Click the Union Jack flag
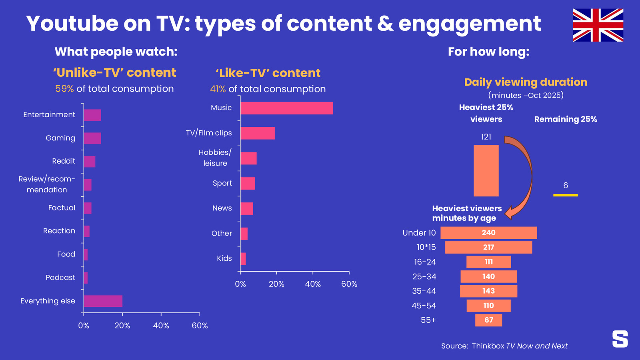pyautogui.click(x=598, y=25)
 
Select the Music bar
pyautogui.click(x=286, y=108)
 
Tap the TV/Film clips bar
pyautogui.click(x=258, y=133)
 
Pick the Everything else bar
pyautogui.click(x=103, y=301)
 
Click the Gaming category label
pyautogui.click(x=60, y=138)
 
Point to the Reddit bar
pyautogui.click(x=90, y=162)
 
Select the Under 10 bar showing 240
pyautogui.click(x=488, y=232)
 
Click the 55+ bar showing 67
pyautogui.click(x=488, y=320)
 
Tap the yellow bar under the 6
pyautogui.click(x=566, y=195)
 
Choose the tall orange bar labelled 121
pyautogui.click(x=486, y=170)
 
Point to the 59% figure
pyautogui.click(x=64, y=88)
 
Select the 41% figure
pyautogui.click(x=218, y=89)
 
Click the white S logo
pyautogui.click(x=620, y=339)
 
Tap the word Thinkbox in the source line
pyautogui.click(x=488, y=346)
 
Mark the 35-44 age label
pyautogui.click(x=424, y=291)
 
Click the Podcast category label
pyautogui.click(x=60, y=278)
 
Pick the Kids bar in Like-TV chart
pyautogui.click(x=243, y=259)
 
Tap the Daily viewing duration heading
pyautogui.click(x=526, y=82)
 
